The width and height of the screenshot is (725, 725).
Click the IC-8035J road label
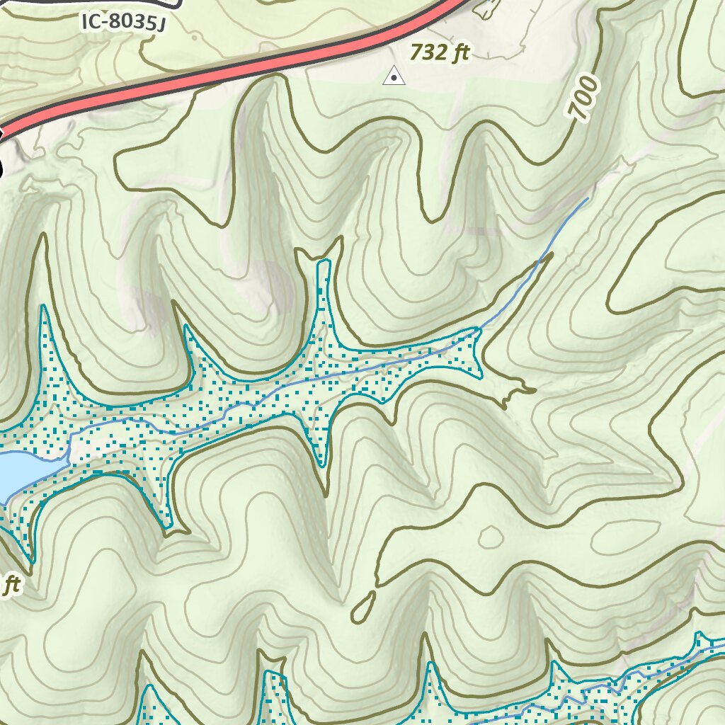tap(123, 23)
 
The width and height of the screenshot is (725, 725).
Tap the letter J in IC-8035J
tap(161, 26)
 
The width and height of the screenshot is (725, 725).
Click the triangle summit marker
tap(394, 75)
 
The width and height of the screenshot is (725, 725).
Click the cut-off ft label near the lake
tap(10, 586)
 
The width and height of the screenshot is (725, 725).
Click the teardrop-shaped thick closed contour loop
tap(363, 606)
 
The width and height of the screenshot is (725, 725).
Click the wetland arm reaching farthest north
tap(324, 266)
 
